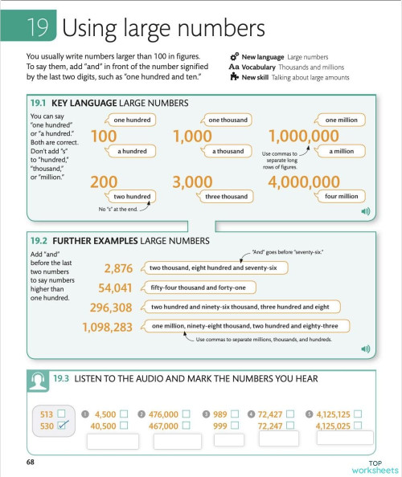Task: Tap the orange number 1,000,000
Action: point(304,137)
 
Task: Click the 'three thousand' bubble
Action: point(226,196)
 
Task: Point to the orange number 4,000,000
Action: point(304,182)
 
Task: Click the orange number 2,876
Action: point(118,268)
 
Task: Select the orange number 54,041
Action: point(115,287)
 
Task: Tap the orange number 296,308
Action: point(111,308)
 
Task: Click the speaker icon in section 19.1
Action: point(364,211)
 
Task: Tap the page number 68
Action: point(30,463)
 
